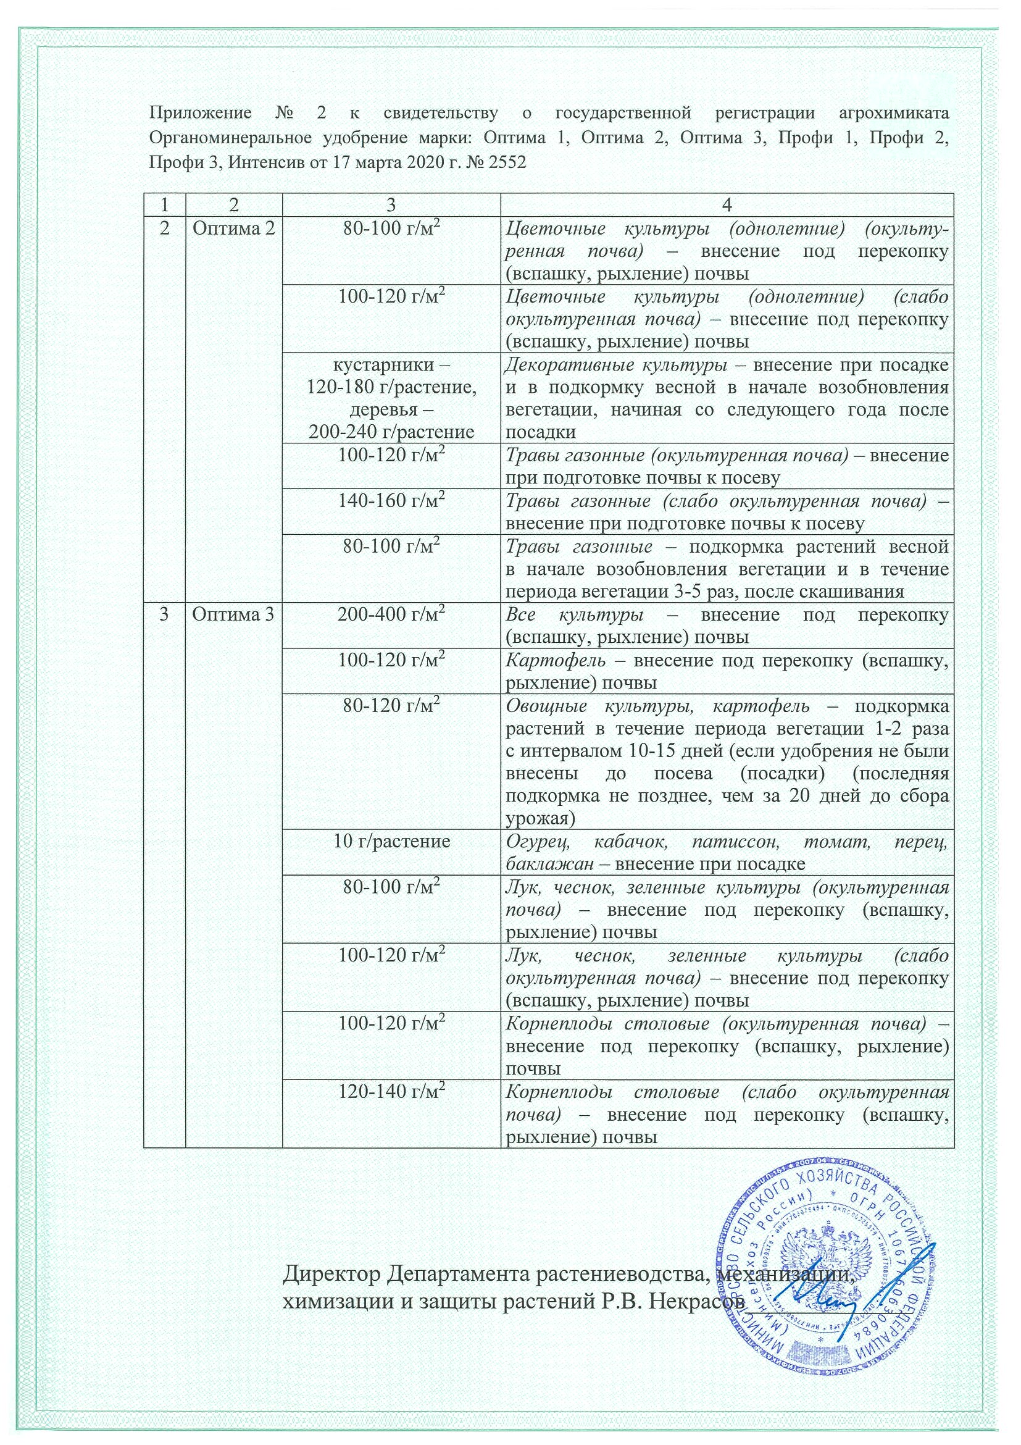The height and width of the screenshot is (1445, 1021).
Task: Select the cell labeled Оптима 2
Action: coord(233,228)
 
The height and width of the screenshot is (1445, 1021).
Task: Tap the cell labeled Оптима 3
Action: coord(233,614)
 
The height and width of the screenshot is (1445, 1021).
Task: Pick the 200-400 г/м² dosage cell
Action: coord(391,615)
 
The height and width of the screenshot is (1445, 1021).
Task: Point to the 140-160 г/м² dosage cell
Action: coord(391,501)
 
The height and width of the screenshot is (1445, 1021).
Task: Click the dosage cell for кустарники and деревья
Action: coord(391,398)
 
